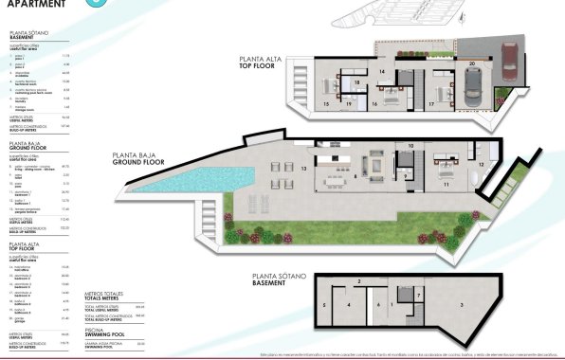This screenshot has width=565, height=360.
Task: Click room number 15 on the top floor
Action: (x=326, y=102)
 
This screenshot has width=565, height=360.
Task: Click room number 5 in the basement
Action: (x=324, y=304)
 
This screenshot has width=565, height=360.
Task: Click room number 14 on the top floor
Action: (x=380, y=71)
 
